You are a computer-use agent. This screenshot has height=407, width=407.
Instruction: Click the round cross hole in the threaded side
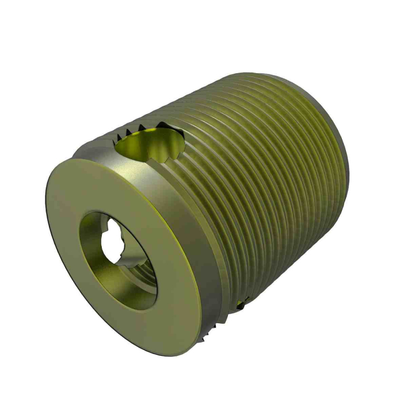click(x=150, y=143)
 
